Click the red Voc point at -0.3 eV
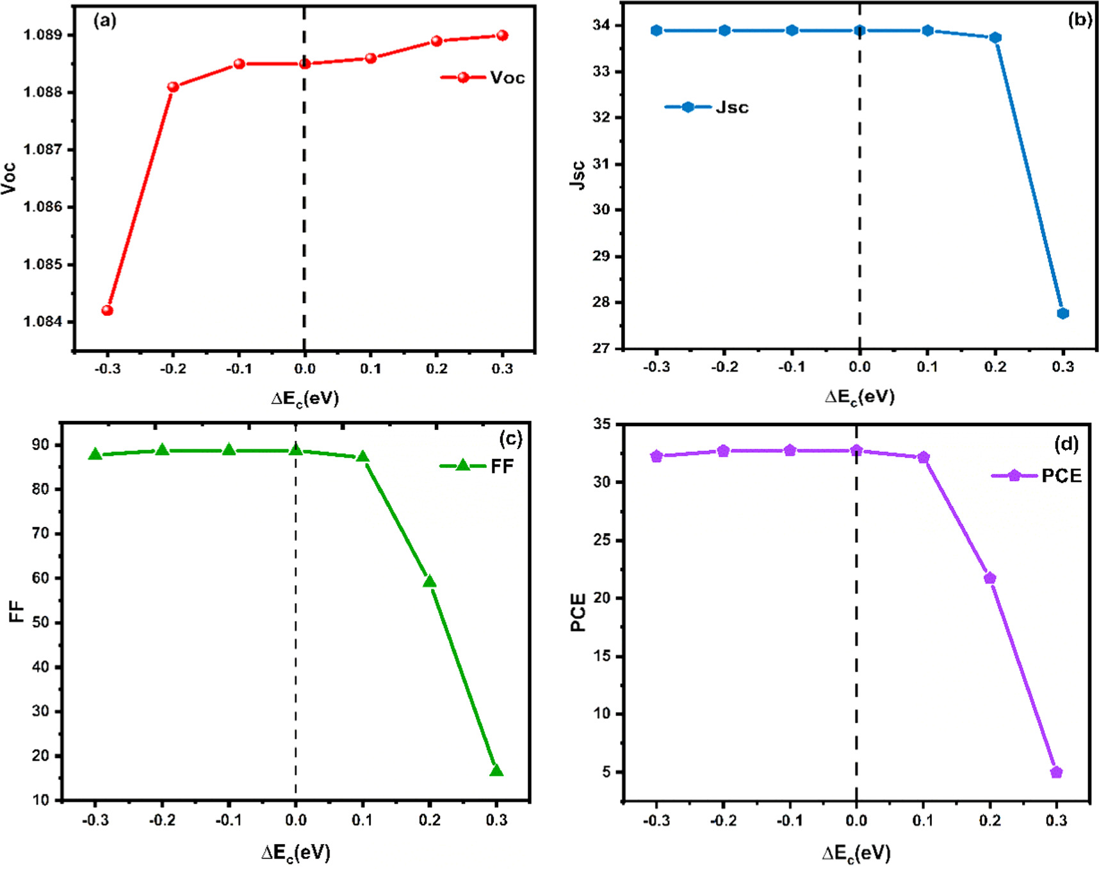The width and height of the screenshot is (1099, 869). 108,311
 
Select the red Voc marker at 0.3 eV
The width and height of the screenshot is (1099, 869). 502,36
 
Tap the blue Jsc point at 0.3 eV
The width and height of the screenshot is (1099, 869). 1063,313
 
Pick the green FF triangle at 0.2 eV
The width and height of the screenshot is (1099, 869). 430,582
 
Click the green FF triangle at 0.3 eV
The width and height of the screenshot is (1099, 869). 496,771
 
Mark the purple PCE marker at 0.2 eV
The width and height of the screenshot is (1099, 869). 990,579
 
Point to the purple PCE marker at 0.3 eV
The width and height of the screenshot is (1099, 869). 1057,772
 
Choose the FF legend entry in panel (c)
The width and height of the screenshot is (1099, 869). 478,467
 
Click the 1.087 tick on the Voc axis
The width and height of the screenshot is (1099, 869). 45,150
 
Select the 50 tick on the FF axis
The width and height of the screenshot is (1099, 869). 40,623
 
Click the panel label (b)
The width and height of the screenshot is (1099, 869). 1080,20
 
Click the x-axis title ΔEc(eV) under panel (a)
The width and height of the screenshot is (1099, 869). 305,399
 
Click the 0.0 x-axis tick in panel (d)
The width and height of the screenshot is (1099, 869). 856,821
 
